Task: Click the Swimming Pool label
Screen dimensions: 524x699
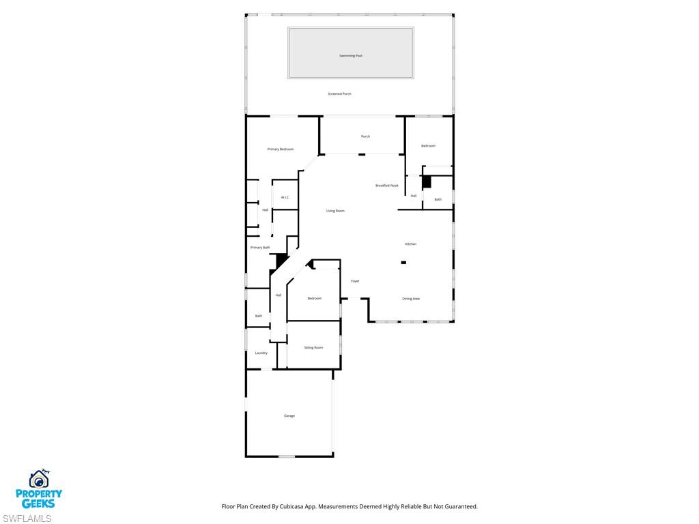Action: (x=351, y=55)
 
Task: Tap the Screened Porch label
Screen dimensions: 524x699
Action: (x=339, y=93)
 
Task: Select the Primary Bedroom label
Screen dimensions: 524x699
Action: (x=281, y=149)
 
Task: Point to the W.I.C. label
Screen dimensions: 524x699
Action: (x=285, y=198)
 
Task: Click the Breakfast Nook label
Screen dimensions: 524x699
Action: (x=387, y=186)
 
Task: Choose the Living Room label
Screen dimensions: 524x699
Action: (x=335, y=211)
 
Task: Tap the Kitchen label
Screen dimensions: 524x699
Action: (x=410, y=244)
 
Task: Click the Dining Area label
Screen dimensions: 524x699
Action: (x=411, y=298)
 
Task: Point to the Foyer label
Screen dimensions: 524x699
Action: (x=355, y=281)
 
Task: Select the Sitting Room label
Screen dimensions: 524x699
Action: (x=313, y=347)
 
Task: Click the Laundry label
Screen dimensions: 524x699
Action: (x=261, y=353)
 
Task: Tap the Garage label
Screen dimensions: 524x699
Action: (x=289, y=416)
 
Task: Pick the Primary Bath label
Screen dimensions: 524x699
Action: (x=260, y=247)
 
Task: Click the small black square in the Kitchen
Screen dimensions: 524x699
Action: (x=403, y=262)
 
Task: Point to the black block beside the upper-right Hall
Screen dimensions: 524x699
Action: (x=427, y=182)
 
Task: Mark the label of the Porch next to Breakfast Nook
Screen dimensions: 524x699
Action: (x=365, y=136)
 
